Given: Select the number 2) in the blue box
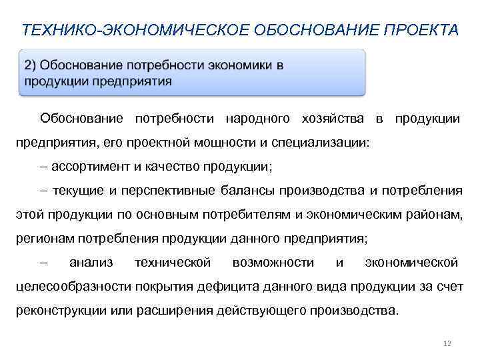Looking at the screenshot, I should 31,65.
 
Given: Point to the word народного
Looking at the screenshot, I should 258,119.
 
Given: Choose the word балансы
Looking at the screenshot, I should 245,191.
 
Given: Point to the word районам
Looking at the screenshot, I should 437,215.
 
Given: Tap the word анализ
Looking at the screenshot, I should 91,263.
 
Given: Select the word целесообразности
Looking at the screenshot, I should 73,287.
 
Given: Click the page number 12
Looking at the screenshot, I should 447,343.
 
